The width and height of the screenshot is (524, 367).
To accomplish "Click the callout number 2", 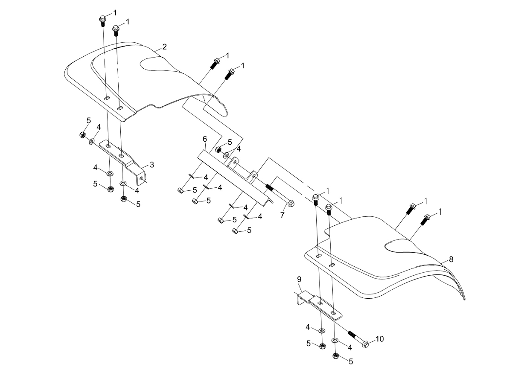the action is tap(164, 47).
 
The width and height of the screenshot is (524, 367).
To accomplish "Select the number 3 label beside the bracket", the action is tap(152, 165).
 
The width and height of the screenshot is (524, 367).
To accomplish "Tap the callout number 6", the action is tap(205, 139).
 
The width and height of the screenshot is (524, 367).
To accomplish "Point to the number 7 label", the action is tap(282, 215).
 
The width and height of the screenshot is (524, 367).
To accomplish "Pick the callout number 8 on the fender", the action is tap(451, 259).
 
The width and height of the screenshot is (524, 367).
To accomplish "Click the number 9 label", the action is tap(299, 279).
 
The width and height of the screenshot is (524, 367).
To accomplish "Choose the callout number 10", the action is tap(380, 339).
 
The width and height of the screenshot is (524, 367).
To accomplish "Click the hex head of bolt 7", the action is tap(291, 203).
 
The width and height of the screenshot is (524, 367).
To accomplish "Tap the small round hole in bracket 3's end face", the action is tap(141, 178).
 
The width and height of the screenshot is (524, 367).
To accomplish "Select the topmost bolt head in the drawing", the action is tap(102, 18).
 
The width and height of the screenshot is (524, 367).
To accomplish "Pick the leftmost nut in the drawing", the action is tap(82, 134).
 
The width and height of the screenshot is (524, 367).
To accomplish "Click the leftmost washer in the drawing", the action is tap(91, 141).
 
